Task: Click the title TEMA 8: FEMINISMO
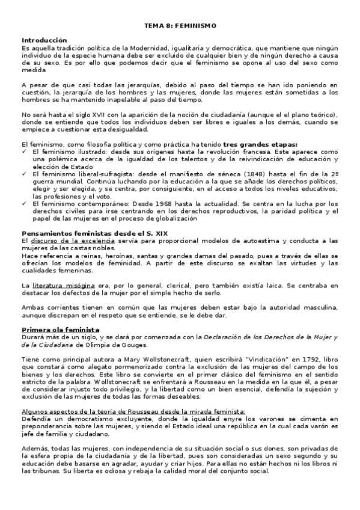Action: click(180, 26)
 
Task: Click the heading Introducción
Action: click(44, 39)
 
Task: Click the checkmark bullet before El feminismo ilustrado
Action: click(24, 152)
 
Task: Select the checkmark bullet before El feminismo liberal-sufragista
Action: click(24, 173)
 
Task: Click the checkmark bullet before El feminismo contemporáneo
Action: click(24, 203)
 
